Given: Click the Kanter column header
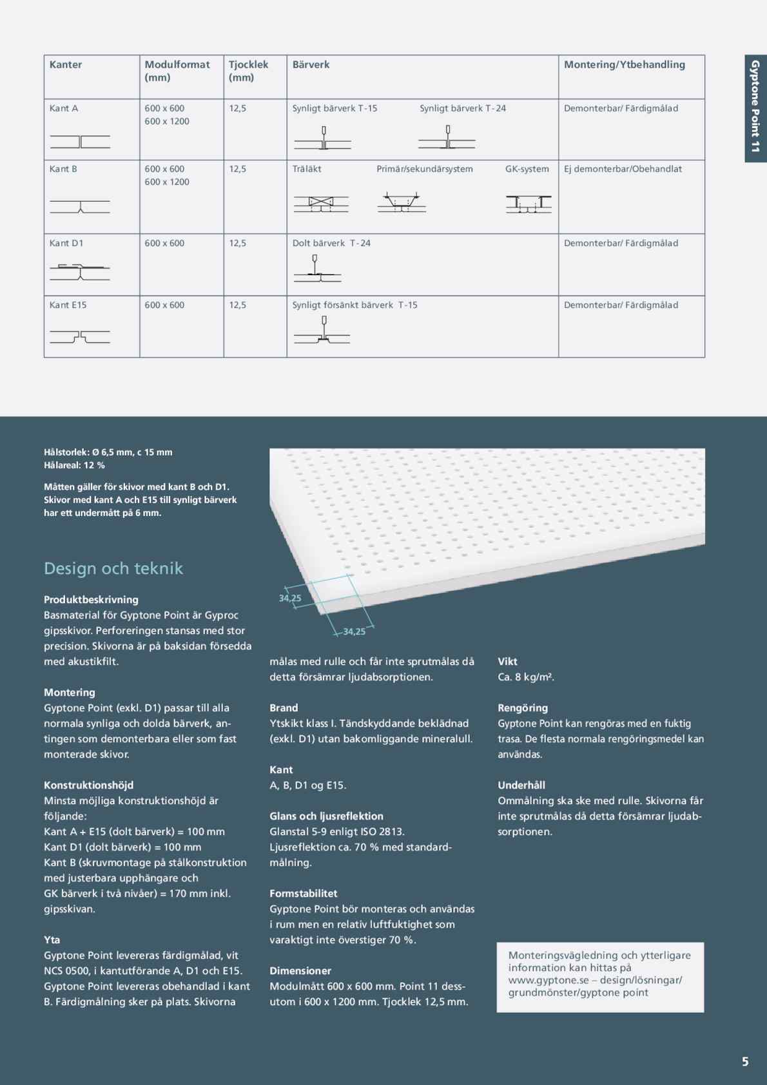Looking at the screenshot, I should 66,64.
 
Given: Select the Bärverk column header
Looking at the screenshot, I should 311,64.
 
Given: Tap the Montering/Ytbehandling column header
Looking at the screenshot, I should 624,64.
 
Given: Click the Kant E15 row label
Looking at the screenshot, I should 68,305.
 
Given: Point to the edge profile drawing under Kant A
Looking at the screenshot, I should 80,142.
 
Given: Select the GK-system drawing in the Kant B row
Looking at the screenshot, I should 528,204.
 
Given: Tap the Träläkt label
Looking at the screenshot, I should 307,169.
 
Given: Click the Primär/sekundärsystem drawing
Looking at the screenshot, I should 402,202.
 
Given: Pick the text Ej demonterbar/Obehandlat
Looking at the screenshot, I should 623,169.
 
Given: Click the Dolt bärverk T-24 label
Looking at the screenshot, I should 331,243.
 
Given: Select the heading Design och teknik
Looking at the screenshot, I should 113,568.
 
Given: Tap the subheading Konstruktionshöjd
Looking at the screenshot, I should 89,785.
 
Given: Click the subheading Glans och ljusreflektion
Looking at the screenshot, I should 326,816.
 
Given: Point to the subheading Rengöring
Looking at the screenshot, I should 523,707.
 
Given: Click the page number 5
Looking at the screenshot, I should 745,1062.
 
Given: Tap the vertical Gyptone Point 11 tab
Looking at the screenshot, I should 755,106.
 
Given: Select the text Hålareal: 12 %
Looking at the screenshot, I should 74,465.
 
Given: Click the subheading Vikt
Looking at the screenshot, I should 507,661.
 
